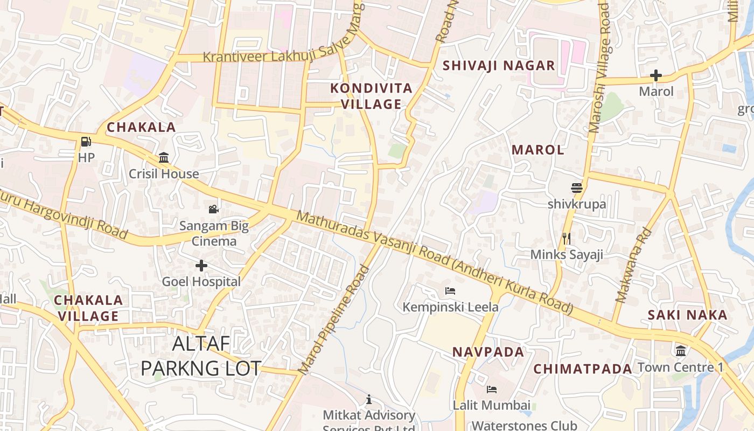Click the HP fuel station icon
(86, 142)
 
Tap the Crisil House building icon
(164, 158)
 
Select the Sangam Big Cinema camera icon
(214, 209)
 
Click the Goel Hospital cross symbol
(201, 265)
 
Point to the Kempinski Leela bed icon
(451, 291)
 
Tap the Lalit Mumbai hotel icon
(491, 389)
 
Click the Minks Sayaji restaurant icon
(566, 238)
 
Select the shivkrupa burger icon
(577, 188)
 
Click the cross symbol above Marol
(656, 75)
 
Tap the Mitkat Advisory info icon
(369, 399)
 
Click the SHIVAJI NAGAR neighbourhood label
(498, 66)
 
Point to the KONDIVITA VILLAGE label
(372, 96)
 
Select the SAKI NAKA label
(687, 315)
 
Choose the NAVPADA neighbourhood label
(488, 352)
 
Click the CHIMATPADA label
(582, 369)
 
